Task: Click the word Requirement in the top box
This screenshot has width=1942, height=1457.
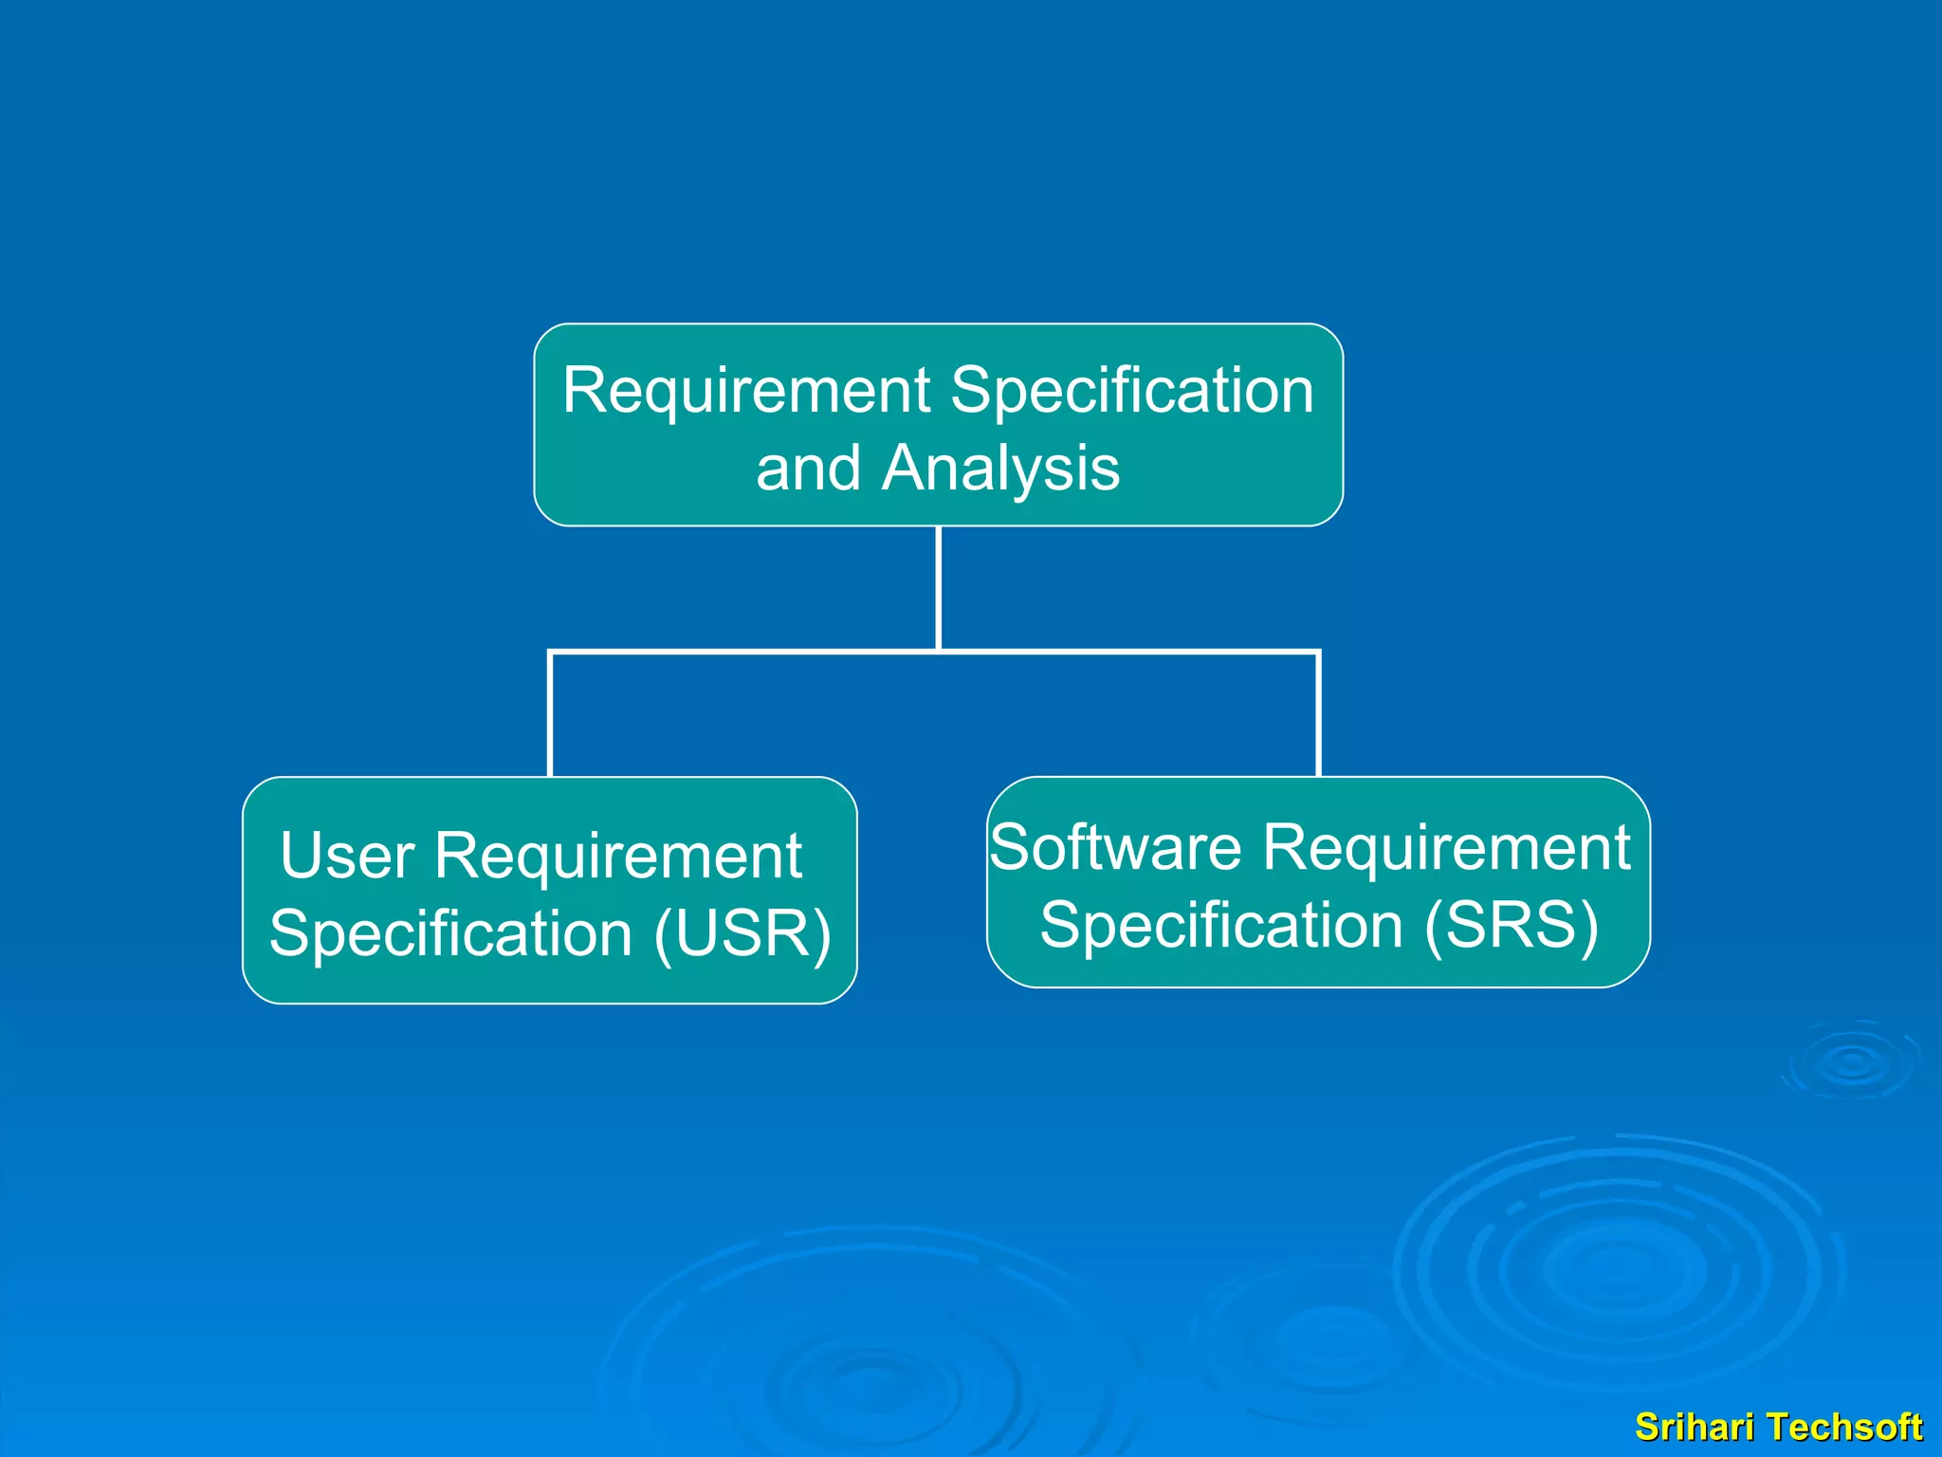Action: (746, 391)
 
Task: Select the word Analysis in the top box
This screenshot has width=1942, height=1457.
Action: (1000, 469)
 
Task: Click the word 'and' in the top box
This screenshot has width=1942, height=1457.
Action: (808, 469)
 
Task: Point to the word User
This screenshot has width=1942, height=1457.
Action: (347, 856)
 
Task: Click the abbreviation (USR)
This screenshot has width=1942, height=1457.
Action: (742, 934)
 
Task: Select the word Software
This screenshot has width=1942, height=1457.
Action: (1115, 847)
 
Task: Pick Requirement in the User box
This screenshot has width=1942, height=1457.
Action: (618, 856)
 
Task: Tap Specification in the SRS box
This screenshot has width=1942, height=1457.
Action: (1221, 926)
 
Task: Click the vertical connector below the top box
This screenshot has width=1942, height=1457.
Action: (938, 588)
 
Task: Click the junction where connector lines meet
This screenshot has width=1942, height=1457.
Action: (938, 652)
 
